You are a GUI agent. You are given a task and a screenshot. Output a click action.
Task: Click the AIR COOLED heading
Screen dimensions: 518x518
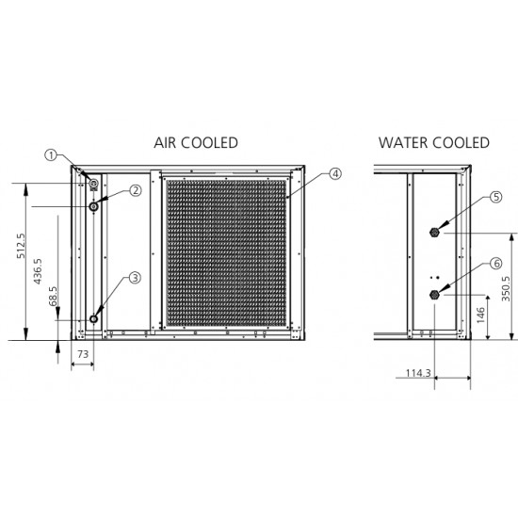(196, 143)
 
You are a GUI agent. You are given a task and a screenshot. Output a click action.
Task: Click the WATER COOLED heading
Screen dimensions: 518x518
(434, 143)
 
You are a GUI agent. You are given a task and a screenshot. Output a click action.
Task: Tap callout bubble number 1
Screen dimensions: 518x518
(51, 155)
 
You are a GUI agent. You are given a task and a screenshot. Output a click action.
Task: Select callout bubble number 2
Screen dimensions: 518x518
(136, 190)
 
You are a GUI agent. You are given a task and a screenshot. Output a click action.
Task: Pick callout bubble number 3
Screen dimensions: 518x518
(135, 278)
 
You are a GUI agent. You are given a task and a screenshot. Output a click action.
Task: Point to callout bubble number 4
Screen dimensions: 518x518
(335, 174)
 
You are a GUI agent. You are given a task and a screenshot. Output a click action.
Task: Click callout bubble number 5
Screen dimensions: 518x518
(495, 197)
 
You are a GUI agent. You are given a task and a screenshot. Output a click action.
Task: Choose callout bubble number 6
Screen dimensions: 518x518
(495, 264)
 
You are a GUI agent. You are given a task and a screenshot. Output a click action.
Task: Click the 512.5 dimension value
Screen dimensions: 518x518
(21, 246)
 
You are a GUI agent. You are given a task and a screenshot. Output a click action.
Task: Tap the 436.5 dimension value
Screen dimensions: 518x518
(38, 271)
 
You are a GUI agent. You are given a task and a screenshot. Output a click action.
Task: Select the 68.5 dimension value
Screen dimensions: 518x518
(53, 296)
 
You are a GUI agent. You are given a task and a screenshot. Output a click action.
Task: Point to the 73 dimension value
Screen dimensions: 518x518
(83, 354)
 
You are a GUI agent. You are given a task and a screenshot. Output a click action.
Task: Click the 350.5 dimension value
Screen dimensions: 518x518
(506, 289)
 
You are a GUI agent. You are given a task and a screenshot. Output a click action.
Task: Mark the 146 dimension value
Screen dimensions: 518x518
(480, 316)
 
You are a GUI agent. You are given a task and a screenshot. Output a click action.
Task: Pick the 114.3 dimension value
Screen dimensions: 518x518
(418, 373)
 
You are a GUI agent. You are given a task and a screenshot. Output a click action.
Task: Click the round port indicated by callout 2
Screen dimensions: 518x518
(94, 207)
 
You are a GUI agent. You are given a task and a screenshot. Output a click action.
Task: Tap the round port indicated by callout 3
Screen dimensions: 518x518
(94, 319)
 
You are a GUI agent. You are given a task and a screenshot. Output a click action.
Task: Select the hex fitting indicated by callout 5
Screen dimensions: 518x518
(434, 233)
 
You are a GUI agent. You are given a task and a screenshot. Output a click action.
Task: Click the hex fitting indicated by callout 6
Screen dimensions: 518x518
(434, 295)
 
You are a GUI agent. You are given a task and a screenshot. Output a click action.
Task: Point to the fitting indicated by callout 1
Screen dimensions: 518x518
(94, 184)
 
